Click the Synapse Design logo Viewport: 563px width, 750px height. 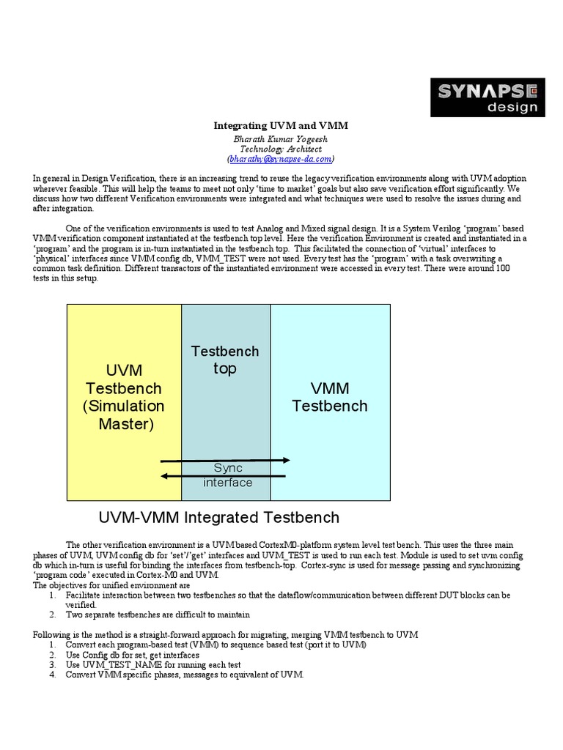487,97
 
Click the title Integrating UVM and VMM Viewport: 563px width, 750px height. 281,125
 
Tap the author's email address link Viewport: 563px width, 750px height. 281,158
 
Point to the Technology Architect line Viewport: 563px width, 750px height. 281,148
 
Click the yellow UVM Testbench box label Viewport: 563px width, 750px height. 123,379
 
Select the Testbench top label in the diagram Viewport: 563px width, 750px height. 225,360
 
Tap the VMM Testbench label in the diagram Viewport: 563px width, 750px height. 329,396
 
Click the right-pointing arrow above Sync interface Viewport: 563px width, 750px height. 225,461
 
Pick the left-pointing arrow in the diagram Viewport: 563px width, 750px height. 224,476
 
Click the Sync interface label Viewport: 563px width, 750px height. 227,475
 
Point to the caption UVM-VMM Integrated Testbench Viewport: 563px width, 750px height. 218,518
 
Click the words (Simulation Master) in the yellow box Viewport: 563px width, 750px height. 124,415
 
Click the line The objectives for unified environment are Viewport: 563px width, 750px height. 112,585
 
